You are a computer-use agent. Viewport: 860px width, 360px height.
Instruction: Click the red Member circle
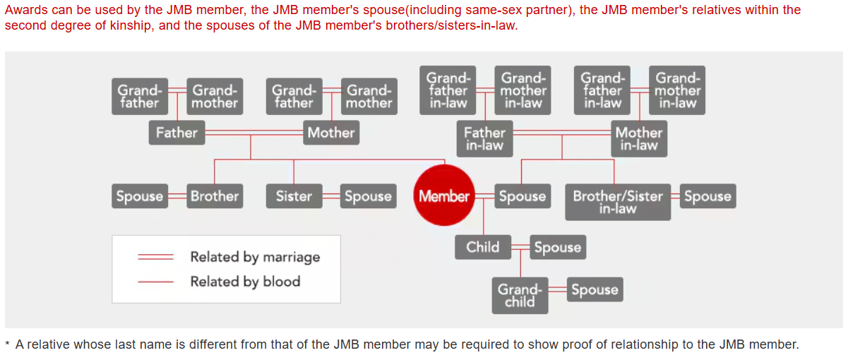[x=444, y=196]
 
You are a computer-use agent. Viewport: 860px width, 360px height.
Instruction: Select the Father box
[x=177, y=133]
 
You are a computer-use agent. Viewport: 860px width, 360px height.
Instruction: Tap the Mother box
[x=331, y=133]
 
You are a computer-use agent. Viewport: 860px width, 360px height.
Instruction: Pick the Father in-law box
[x=484, y=139]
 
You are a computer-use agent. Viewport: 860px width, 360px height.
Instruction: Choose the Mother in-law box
[x=639, y=139]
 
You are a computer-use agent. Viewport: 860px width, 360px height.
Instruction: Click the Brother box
[x=215, y=196]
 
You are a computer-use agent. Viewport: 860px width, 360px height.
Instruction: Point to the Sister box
[x=294, y=196]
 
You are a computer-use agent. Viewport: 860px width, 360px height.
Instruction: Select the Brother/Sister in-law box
[x=618, y=203]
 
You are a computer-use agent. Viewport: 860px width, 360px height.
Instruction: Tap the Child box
[x=483, y=247]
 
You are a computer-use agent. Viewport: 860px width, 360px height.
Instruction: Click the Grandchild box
[x=520, y=296]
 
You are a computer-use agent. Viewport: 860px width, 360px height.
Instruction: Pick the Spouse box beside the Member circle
[x=522, y=196]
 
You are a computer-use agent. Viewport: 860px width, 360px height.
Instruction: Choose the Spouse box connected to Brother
[x=140, y=196]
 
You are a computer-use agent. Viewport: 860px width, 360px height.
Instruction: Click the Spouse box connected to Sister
[x=368, y=196]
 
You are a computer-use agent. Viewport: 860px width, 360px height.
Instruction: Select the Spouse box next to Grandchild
[x=595, y=289]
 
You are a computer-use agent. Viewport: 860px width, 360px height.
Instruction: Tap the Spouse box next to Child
[x=558, y=247]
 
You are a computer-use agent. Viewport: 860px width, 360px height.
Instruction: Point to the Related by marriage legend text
[x=255, y=257]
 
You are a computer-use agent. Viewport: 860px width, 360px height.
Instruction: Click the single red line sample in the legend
[x=155, y=282]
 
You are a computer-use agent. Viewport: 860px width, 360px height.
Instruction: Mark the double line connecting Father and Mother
[x=253, y=133]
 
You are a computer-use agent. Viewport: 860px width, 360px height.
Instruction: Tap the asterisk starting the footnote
[x=7, y=344]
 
